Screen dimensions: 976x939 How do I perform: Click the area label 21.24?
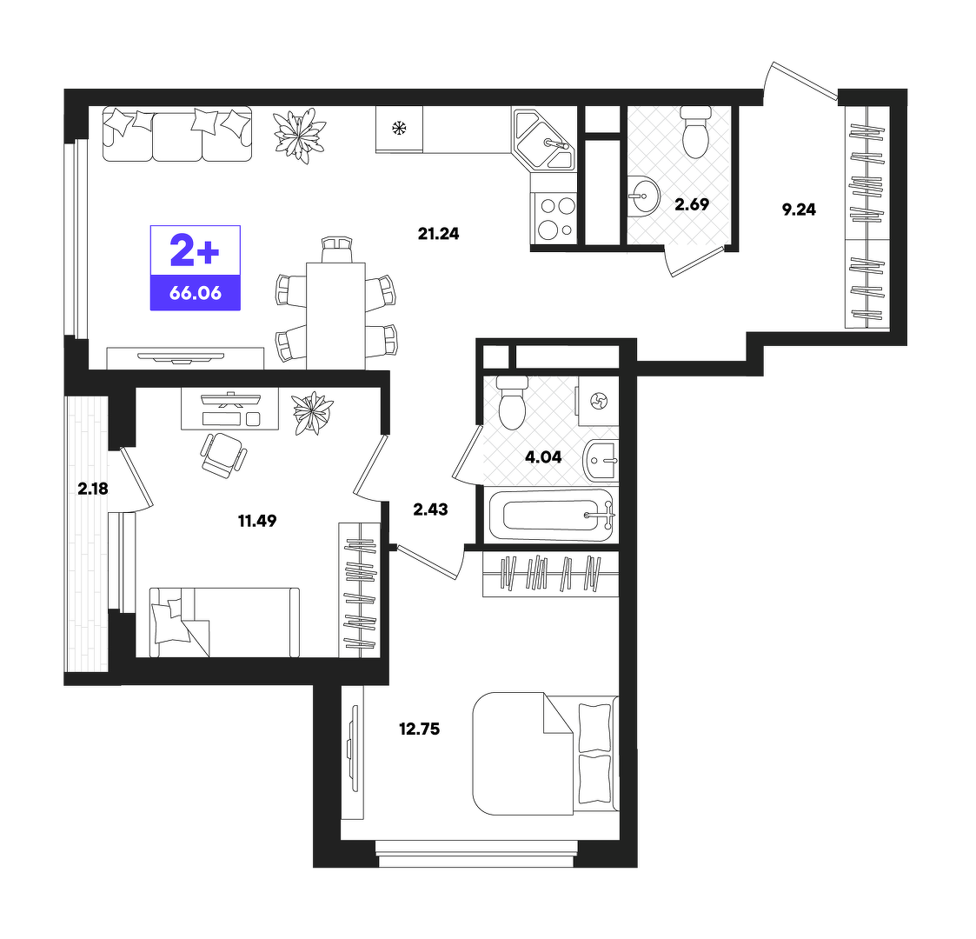tap(438, 234)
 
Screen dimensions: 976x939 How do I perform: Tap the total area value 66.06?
tap(196, 293)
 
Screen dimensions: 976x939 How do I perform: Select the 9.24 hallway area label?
tap(799, 210)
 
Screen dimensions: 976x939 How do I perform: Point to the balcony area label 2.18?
tap(93, 489)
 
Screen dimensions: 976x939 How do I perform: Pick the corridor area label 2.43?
tap(430, 509)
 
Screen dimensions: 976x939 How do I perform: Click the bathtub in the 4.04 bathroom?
tap(552, 515)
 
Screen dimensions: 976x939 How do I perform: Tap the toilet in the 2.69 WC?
tap(695, 131)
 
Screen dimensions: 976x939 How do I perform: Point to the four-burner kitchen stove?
tap(554, 217)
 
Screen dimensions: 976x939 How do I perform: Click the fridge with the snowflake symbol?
tap(399, 129)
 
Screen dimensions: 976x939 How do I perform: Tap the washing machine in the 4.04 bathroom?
tap(598, 401)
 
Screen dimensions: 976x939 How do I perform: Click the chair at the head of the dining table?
tap(335, 249)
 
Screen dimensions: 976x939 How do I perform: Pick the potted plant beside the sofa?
tap(301, 135)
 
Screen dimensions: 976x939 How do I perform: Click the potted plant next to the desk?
tap(313, 412)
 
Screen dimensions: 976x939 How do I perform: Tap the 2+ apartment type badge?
tap(195, 250)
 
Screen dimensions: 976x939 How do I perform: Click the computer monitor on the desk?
tap(230, 399)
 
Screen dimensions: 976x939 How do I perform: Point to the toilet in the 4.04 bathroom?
tap(512, 403)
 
